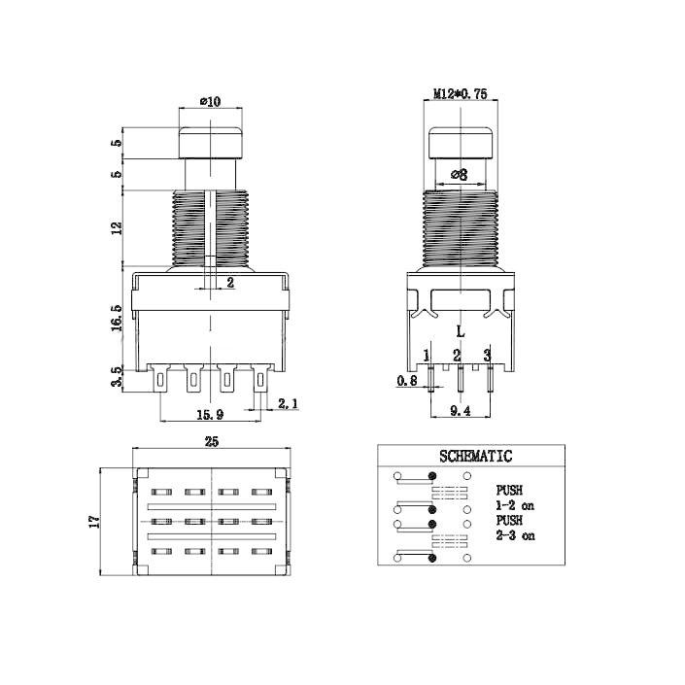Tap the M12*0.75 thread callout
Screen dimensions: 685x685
[460, 94]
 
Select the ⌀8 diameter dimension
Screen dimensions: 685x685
[459, 175]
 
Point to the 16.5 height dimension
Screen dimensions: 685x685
[117, 317]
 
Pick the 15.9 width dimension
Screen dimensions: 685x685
[208, 415]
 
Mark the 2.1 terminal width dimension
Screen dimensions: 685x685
[289, 403]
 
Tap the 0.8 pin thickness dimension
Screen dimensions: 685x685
[407, 381]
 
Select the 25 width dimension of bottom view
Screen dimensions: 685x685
[211, 443]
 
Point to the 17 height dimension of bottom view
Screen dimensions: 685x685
[94, 522]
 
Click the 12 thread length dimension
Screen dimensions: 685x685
[117, 228]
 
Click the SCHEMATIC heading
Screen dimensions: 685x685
[475, 455]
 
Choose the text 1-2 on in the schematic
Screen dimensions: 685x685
[514, 505]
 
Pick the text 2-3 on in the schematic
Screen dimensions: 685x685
[514, 535]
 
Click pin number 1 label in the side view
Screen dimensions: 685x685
[427, 354]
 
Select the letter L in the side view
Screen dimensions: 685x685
[461, 331]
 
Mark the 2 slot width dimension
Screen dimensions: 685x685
[230, 283]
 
